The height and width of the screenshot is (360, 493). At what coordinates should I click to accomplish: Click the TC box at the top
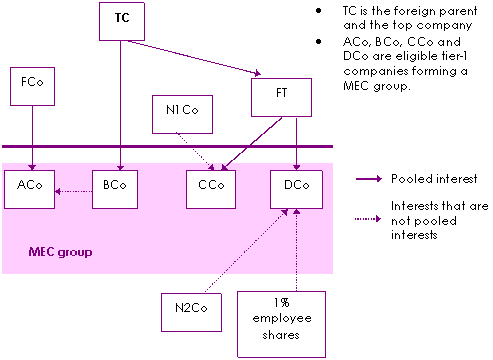tap(122, 22)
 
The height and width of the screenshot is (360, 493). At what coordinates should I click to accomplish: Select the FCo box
tap(32, 87)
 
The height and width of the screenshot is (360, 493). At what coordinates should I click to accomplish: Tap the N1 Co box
tap(182, 114)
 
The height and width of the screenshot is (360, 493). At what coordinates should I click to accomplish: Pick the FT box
tap(281, 97)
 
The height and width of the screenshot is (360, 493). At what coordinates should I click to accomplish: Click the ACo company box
tap(29, 189)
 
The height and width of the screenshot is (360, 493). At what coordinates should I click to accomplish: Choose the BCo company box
tap(115, 189)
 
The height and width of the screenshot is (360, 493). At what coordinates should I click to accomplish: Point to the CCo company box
tap(211, 189)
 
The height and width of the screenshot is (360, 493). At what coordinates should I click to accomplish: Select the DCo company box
tap(296, 189)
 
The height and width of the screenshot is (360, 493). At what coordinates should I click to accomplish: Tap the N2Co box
tap(191, 312)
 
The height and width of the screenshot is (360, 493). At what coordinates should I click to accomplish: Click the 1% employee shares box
tap(281, 324)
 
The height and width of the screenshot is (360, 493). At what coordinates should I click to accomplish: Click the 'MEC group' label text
tap(60, 252)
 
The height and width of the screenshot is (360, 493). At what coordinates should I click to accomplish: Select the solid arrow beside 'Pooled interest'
tap(369, 179)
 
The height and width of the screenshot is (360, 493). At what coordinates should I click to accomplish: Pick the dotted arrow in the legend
tap(368, 219)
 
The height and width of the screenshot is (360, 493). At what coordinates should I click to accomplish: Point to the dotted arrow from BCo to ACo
tap(73, 191)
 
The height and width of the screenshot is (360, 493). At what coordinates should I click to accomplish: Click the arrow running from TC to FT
tap(194, 57)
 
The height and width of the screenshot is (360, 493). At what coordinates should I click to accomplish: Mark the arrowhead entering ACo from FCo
tap(32, 167)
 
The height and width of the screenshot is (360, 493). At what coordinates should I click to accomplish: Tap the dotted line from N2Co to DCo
tap(246, 251)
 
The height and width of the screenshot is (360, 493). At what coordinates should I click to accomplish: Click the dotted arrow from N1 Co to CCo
tap(195, 152)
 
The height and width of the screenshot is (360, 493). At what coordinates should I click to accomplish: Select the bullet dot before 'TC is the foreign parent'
tap(319, 11)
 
